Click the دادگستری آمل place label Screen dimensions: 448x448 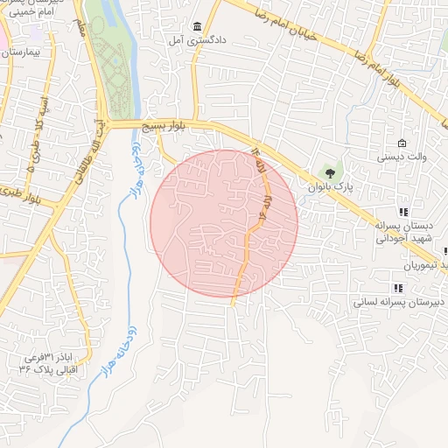tap(198, 40)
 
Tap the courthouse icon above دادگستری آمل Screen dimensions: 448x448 tap(198, 26)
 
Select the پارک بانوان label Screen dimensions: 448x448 tap(328, 186)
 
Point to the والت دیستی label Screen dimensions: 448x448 tap(401, 158)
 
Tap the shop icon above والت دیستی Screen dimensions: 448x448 tap(402, 143)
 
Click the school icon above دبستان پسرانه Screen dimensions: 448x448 tap(402, 212)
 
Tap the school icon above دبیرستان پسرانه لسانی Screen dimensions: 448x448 tap(398, 287)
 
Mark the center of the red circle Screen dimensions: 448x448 tap(224, 223)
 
